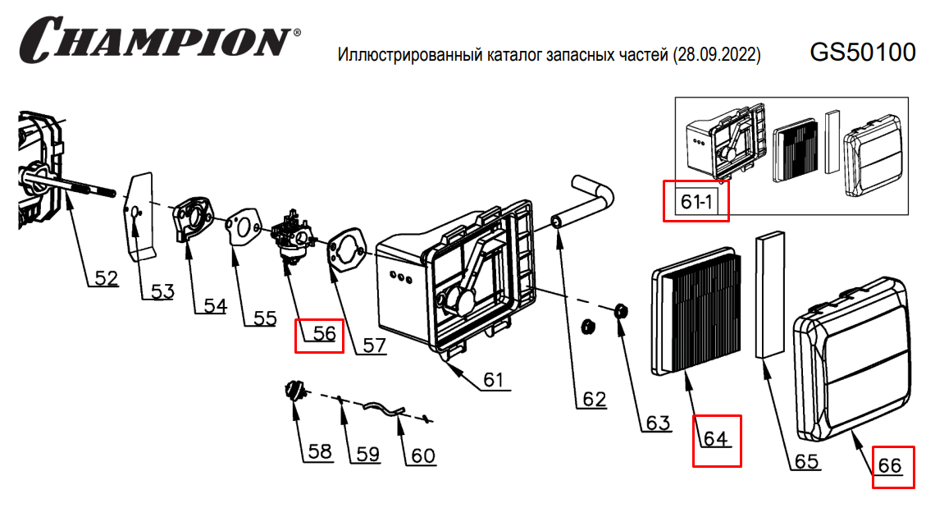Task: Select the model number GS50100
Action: tap(862, 53)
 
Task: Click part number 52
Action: tap(106, 278)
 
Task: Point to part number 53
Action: tap(162, 291)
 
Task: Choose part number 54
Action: tap(215, 305)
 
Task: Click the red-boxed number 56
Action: tap(319, 333)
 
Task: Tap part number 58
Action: tap(320, 451)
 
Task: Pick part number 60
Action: tap(422, 455)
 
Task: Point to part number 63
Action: tap(658, 423)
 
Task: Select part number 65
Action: tap(806, 462)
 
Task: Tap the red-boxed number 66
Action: tap(890, 465)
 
